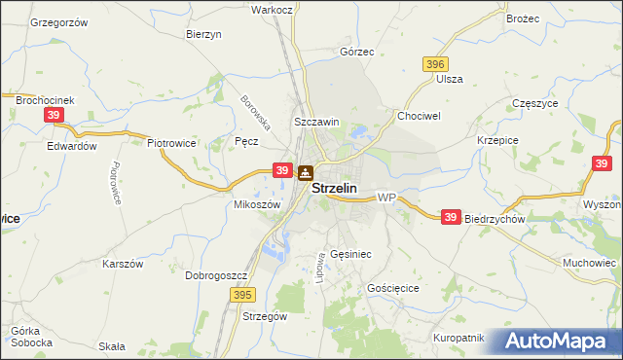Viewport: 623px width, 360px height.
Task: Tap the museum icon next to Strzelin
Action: [305, 174]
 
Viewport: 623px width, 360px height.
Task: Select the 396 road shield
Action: [435, 63]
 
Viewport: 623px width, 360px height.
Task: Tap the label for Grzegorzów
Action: [59, 21]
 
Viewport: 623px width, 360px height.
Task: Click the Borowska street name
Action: [255, 113]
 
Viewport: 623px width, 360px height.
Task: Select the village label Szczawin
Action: [316, 122]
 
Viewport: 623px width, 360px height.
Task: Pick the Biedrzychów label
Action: [495, 219]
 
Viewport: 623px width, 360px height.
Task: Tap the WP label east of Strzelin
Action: [386, 198]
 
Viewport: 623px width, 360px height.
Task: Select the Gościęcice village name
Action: [393, 289]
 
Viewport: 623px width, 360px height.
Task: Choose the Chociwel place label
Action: [420, 115]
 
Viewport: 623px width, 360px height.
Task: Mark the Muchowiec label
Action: [590, 263]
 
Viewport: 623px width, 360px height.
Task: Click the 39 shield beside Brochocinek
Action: [54, 115]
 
